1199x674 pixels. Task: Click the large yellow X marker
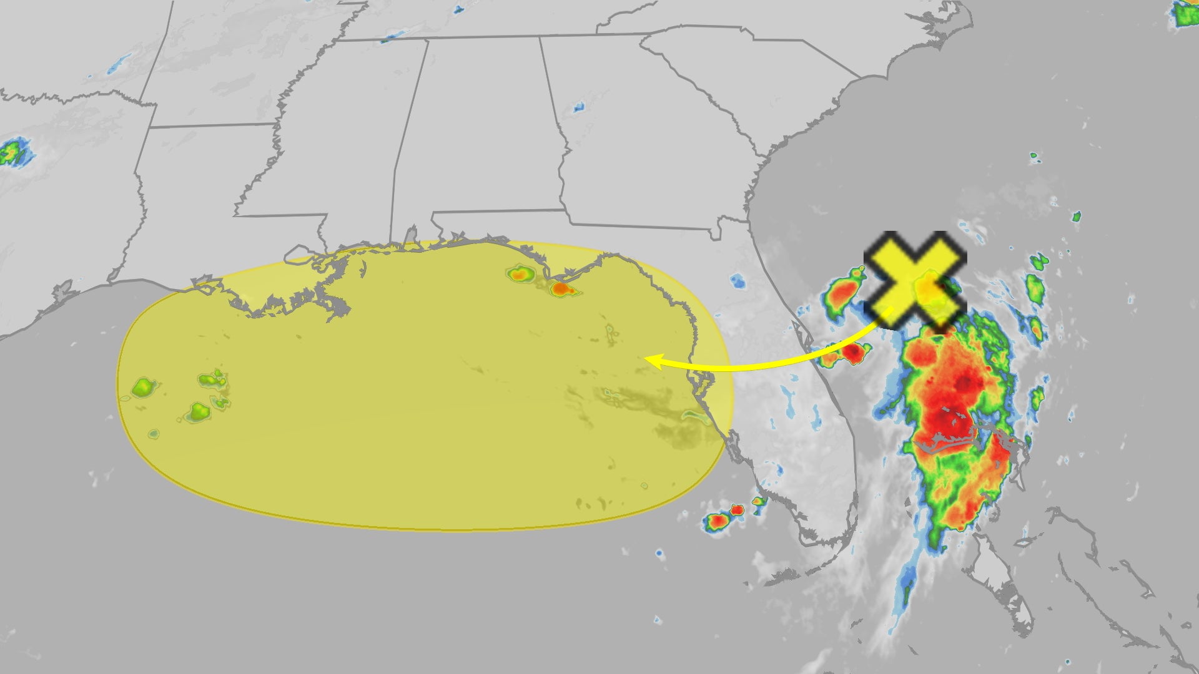click(915, 280)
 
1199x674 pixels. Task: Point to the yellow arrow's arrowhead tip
click(646, 360)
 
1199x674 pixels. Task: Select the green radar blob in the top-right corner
click(1185, 14)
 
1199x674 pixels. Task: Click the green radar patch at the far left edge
click(12, 152)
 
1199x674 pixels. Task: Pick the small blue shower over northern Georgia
click(578, 107)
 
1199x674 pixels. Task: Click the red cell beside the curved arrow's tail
click(852, 353)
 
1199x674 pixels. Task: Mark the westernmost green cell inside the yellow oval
click(143, 388)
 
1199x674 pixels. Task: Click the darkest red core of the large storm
click(946, 421)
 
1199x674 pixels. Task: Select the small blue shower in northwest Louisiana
click(117, 64)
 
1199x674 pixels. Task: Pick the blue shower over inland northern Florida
click(738, 281)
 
